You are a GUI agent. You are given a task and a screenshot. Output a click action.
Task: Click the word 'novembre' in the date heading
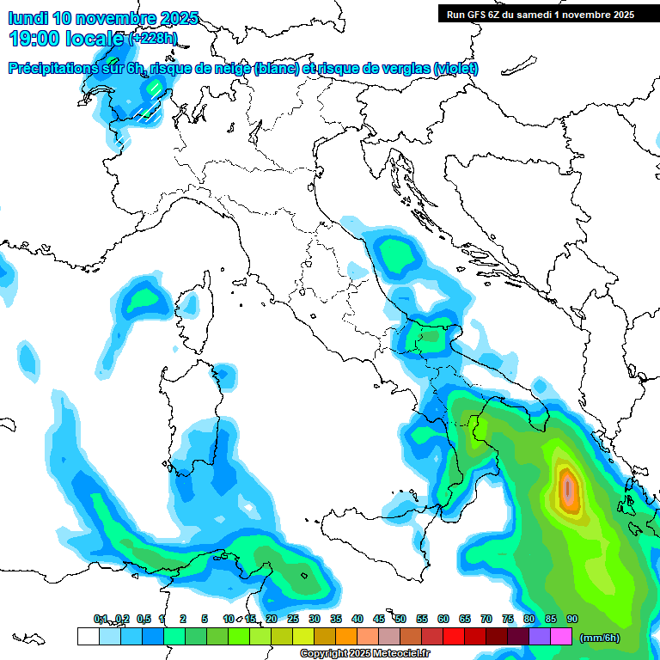point(113,18)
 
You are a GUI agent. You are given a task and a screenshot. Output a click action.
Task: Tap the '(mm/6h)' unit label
point(600,638)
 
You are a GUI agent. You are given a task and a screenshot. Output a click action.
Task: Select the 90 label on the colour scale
point(571,619)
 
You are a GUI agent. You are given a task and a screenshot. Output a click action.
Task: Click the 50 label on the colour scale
point(400,619)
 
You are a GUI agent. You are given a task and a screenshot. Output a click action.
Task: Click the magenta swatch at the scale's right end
point(561,636)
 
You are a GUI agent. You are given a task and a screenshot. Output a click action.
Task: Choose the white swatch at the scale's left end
point(88,636)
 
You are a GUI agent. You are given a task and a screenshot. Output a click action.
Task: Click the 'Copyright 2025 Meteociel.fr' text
point(364,653)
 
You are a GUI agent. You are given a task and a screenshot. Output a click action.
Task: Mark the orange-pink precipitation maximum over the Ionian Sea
point(568,489)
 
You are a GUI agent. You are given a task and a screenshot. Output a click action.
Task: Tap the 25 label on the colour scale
point(292,619)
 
